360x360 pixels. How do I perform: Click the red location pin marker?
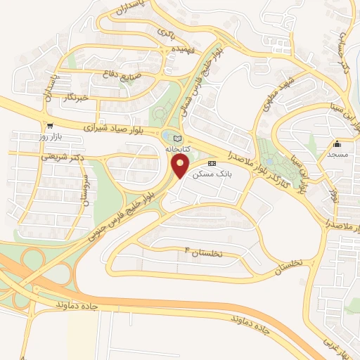point(180,166)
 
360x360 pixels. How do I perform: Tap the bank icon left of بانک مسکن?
point(212,163)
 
